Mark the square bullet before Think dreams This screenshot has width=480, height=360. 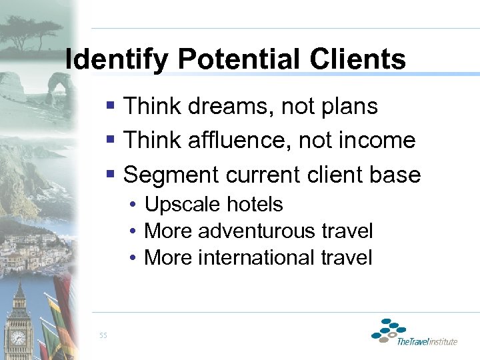112,106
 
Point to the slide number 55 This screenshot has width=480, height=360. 102,335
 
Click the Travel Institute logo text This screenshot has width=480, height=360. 427,341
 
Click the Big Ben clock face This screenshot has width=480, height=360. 18,338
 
